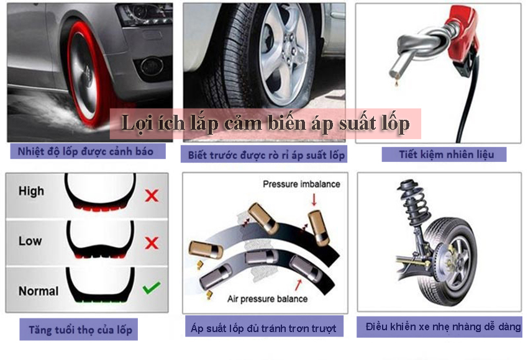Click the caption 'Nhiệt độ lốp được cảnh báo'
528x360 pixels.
[86, 151]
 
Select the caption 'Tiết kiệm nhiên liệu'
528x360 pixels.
[447, 155]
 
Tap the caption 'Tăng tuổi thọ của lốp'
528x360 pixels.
[80, 330]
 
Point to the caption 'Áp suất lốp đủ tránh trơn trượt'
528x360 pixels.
[263, 328]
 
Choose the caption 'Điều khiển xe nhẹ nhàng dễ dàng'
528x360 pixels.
[443, 326]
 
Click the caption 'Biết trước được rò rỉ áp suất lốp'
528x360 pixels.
[266, 155]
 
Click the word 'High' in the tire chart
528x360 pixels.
[31, 191]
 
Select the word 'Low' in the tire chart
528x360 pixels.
[30, 241]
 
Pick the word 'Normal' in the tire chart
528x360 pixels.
[39, 290]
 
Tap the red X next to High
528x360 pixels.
[152, 195]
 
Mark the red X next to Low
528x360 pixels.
[152, 243]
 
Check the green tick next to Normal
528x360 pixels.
[152, 287]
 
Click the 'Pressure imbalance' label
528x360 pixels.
[301, 184]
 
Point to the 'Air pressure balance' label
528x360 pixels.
[267, 299]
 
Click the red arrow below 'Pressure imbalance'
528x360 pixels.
[314, 199]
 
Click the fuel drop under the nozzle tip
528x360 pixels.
[397, 83]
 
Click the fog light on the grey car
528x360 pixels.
[152, 66]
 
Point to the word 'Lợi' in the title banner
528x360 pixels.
[135, 123]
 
